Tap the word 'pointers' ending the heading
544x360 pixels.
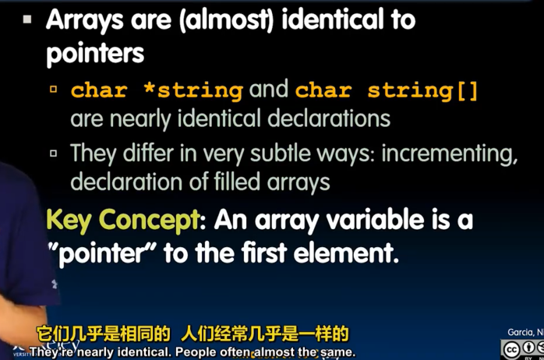pyautogui.click(x=96, y=54)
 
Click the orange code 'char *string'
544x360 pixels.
pyautogui.click(x=157, y=90)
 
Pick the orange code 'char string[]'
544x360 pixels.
pyautogui.click(x=387, y=90)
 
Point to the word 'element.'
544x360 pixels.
pyautogui.click(x=357, y=254)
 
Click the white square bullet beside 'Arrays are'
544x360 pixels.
pyautogui.click(x=27, y=19)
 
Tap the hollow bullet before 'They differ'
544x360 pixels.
pyautogui.click(x=54, y=153)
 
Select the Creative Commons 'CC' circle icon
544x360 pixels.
pyautogui.click(x=511, y=348)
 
